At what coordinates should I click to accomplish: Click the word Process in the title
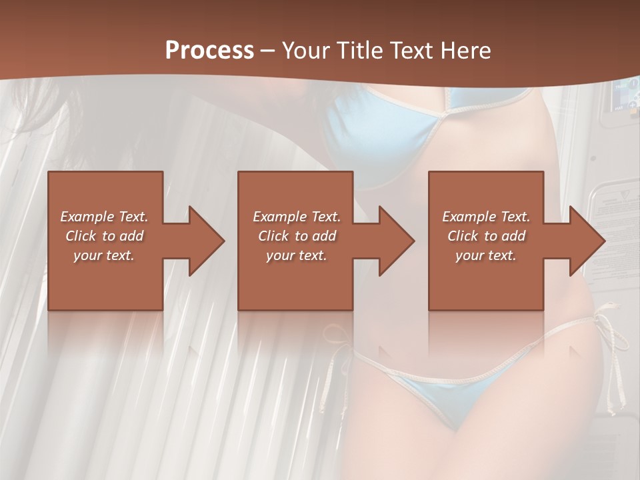[209, 50]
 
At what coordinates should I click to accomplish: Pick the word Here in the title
[469, 50]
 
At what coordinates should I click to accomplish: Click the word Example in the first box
[87, 217]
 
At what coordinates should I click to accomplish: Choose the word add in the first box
[131, 236]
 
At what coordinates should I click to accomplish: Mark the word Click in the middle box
[273, 236]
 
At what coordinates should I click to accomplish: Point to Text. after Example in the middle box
[325, 217]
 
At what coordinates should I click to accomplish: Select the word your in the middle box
[280, 255]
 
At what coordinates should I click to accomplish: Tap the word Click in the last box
[463, 236]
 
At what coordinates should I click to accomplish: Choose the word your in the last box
[469, 255]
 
